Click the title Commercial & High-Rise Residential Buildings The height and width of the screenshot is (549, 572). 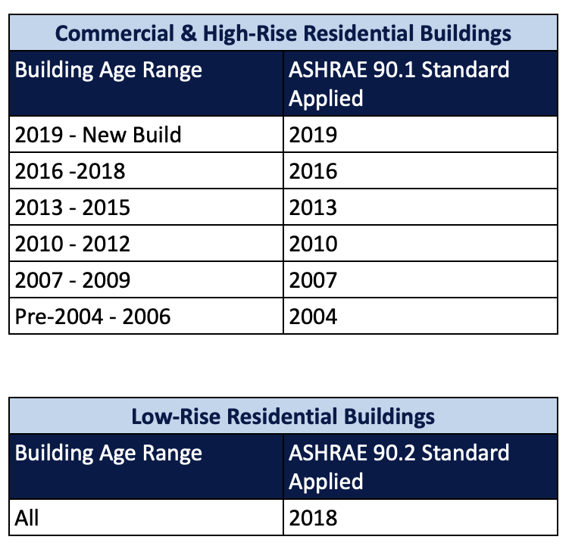283,33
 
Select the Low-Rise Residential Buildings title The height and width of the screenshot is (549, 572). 283,416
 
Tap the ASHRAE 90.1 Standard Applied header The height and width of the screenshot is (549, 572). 399,83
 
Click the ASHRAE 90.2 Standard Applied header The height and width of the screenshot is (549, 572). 399,466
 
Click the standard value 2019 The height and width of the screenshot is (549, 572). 313,135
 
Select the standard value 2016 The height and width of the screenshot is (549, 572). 313,171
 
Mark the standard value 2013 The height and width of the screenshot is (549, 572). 313,207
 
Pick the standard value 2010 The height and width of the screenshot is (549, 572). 313,244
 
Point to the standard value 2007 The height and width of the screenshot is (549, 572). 313,280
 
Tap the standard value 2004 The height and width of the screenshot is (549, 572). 313,317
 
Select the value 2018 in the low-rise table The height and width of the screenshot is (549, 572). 313,518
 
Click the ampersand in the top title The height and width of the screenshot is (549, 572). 188,33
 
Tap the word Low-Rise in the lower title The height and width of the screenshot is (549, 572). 176,416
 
